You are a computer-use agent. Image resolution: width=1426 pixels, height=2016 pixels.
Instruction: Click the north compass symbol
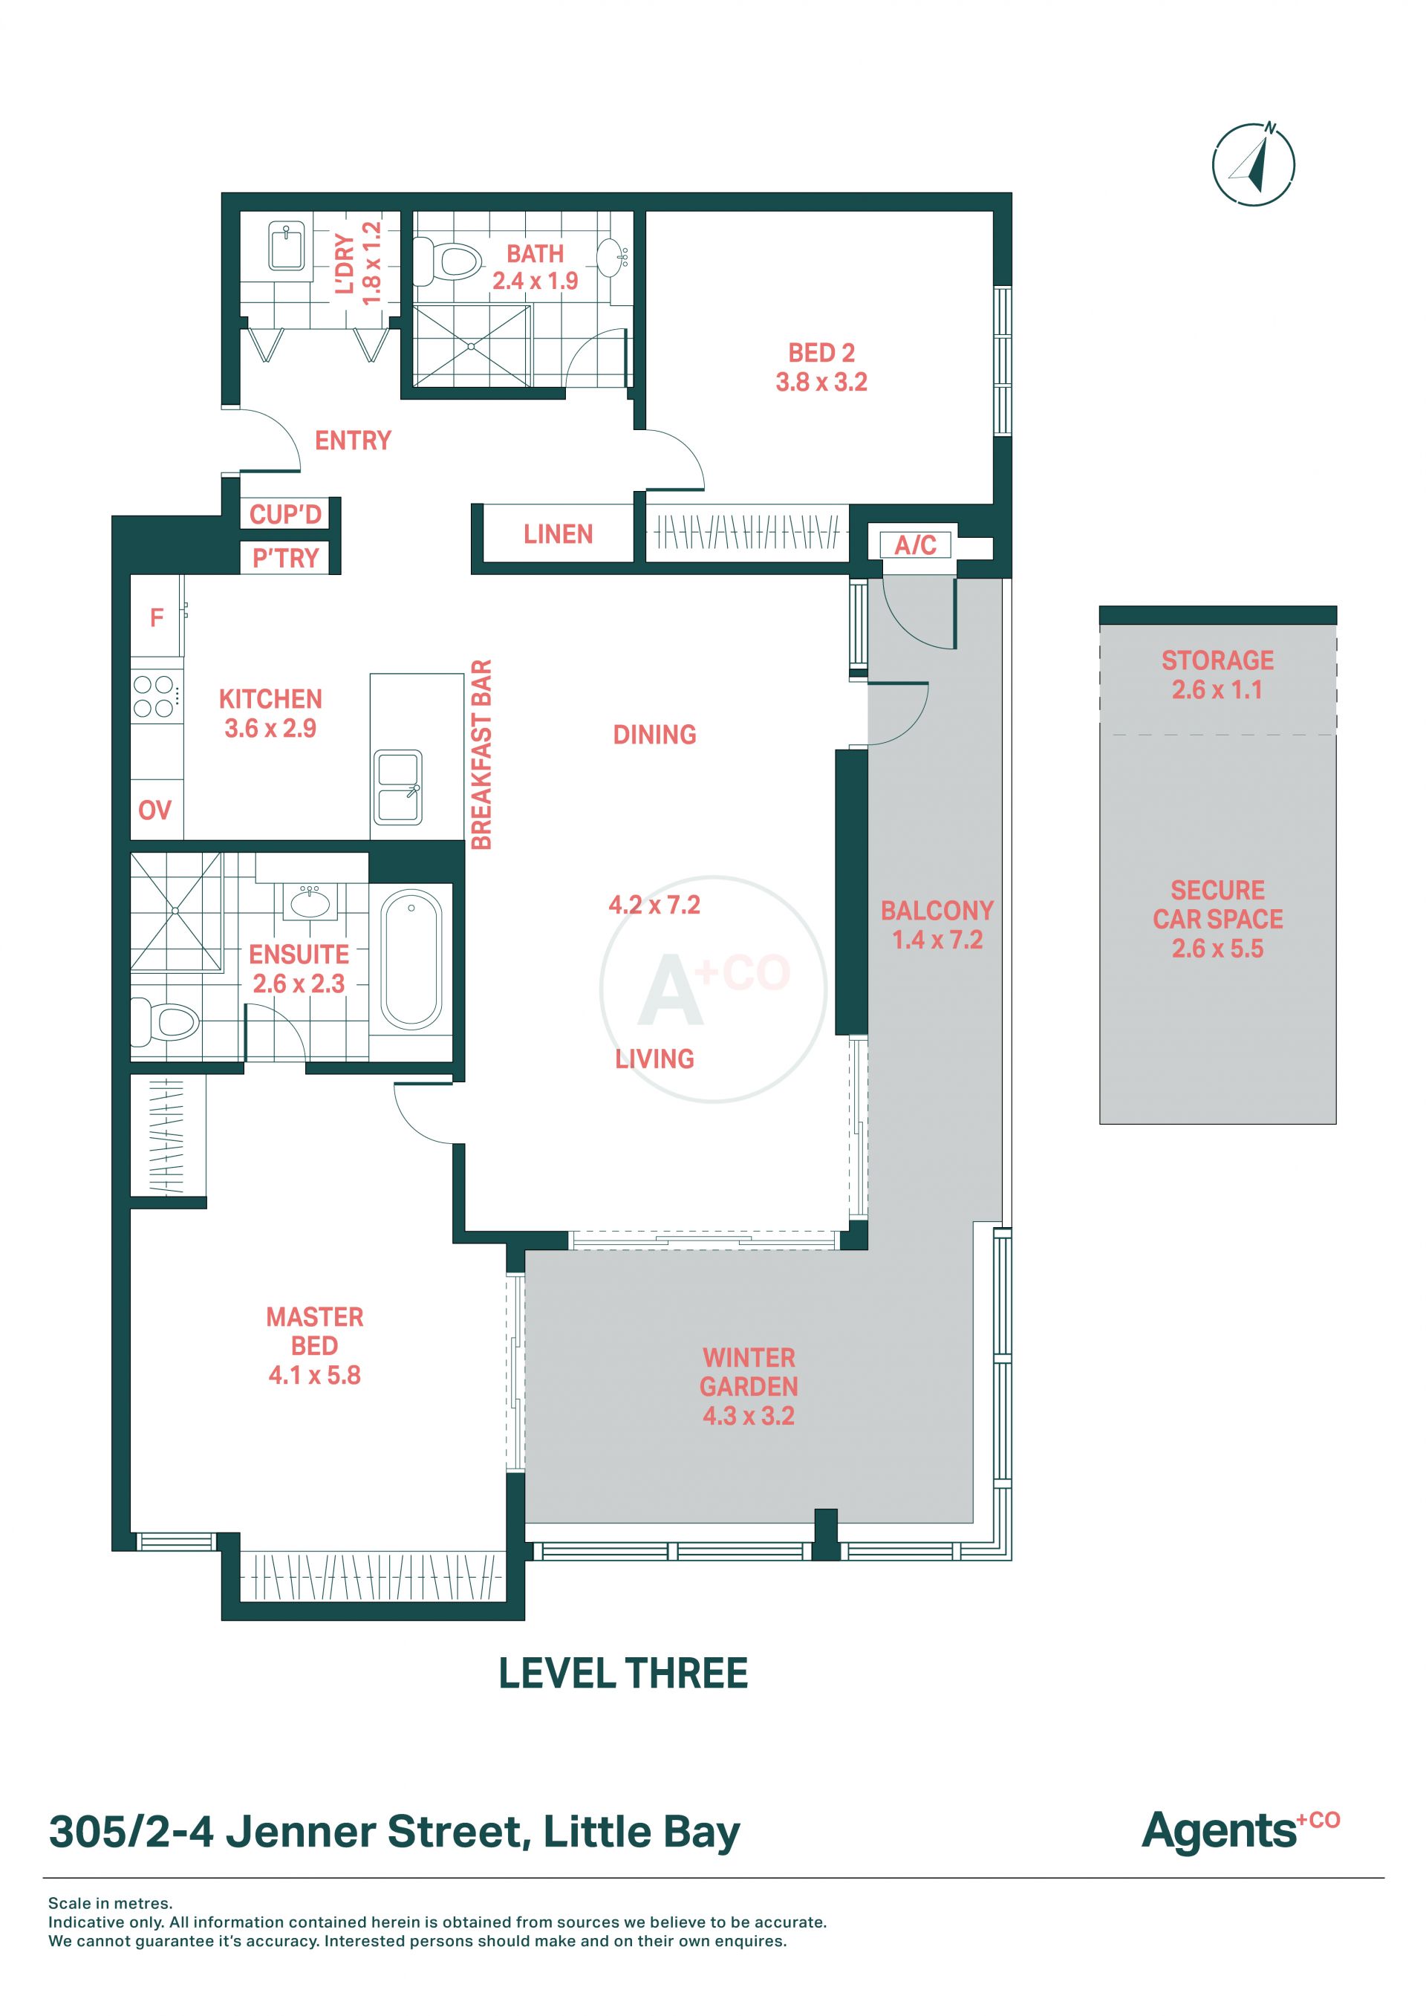pyautogui.click(x=1253, y=164)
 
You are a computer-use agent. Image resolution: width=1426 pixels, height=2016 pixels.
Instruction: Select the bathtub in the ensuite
pyautogui.click(x=411, y=960)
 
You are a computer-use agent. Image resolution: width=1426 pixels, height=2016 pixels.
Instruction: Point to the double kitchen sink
pyautogui.click(x=399, y=787)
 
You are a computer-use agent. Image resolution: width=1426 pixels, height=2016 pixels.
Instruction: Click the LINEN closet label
pyautogui.click(x=559, y=534)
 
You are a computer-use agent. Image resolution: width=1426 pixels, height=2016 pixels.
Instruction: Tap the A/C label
pyautogui.click(x=915, y=545)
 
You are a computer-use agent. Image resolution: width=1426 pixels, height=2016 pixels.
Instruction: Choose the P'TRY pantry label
pyautogui.click(x=285, y=559)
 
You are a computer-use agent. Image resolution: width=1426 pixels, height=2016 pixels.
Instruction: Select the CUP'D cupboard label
pyautogui.click(x=285, y=515)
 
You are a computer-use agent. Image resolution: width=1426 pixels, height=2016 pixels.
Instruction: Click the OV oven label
pyautogui.click(x=154, y=810)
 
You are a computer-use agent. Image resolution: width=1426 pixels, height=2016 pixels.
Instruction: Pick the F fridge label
pyautogui.click(x=156, y=618)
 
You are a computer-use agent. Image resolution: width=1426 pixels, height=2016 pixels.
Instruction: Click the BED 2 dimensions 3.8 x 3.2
pyautogui.click(x=821, y=382)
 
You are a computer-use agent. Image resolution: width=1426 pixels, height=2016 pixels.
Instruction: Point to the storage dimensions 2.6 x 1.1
pyautogui.click(x=1217, y=689)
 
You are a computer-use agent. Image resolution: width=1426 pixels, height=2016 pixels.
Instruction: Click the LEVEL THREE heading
pyautogui.click(x=623, y=1674)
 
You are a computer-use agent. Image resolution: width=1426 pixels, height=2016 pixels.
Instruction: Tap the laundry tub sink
pyautogui.click(x=285, y=247)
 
